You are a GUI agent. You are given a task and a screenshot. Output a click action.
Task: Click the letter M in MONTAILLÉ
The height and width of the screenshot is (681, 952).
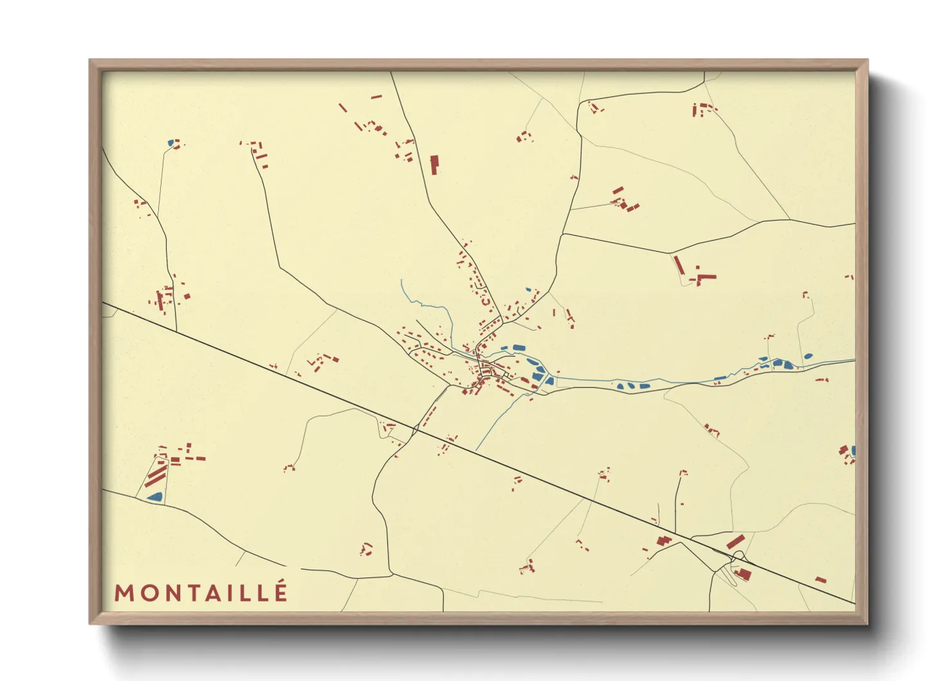coord(124,593)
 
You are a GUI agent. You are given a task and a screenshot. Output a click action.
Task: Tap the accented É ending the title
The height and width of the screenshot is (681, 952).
coord(280,592)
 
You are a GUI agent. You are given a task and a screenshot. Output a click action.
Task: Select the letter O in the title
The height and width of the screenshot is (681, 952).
coord(146,593)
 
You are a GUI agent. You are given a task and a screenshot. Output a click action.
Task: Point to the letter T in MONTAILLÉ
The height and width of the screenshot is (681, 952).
coord(190,593)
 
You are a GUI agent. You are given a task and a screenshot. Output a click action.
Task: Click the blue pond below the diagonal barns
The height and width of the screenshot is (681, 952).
coord(154,496)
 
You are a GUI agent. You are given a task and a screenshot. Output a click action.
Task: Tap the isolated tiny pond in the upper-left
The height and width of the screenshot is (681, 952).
coord(170,143)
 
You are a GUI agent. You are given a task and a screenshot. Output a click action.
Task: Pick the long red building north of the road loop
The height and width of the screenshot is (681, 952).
coord(736,541)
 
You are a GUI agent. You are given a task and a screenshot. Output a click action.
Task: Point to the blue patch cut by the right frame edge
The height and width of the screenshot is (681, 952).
coord(853,450)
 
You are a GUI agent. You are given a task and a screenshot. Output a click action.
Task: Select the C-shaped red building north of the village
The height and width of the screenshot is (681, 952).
coord(486,300)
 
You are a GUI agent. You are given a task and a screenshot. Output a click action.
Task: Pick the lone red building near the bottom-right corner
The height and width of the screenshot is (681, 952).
coord(821,579)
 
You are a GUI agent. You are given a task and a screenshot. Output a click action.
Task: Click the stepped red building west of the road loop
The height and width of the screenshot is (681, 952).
coord(664,540)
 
